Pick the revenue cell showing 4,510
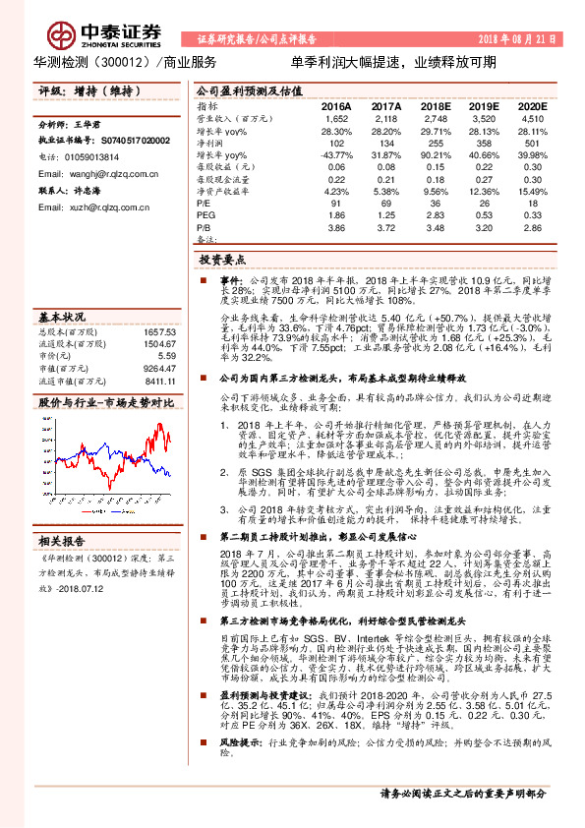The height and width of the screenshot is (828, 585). (531, 117)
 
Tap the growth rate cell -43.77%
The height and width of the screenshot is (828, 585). (336, 155)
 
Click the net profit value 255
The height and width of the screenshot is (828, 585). (440, 143)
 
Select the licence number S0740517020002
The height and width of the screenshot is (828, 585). (125, 142)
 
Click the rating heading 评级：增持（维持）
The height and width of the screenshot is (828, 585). (75, 91)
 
